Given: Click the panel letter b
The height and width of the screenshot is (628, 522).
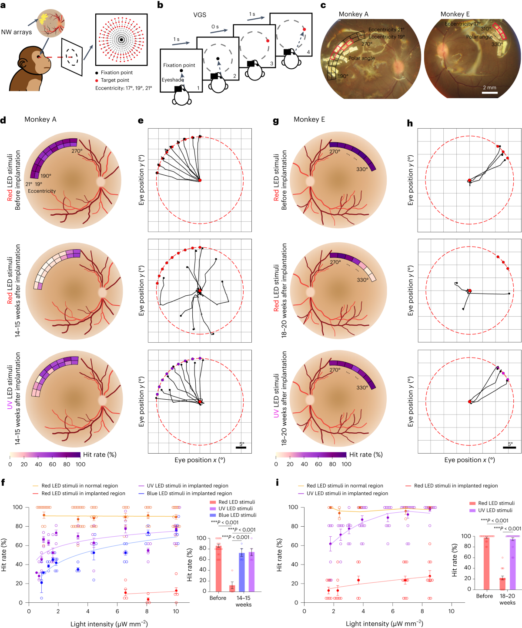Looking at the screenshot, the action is click(x=160, y=5).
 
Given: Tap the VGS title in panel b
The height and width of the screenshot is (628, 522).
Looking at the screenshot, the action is click(x=200, y=15).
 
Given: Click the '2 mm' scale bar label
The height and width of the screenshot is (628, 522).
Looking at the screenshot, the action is click(x=489, y=87).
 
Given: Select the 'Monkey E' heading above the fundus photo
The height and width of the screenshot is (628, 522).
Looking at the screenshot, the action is click(x=455, y=14).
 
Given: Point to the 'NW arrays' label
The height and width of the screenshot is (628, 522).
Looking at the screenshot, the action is click(x=17, y=32).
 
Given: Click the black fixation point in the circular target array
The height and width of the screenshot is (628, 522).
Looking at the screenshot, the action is click(x=121, y=40).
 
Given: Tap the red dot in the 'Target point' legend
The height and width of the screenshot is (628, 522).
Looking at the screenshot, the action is click(x=97, y=80).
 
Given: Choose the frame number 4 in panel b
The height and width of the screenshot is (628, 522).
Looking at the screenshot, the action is click(x=308, y=52).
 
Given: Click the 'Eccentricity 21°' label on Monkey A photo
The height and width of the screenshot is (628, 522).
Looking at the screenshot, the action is click(x=386, y=30).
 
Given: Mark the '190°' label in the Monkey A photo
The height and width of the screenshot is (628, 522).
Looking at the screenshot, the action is click(x=343, y=76).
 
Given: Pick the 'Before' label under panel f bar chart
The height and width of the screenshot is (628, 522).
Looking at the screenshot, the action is click(x=218, y=598).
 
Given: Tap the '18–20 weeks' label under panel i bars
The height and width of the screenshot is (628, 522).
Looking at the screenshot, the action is click(x=507, y=599).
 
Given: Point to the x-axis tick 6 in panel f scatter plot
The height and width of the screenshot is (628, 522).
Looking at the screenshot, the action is click(x=117, y=611).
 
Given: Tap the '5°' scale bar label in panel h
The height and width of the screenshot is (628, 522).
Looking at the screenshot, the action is click(x=510, y=444).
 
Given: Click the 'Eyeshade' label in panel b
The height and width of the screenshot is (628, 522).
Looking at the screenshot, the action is click(x=173, y=80).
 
